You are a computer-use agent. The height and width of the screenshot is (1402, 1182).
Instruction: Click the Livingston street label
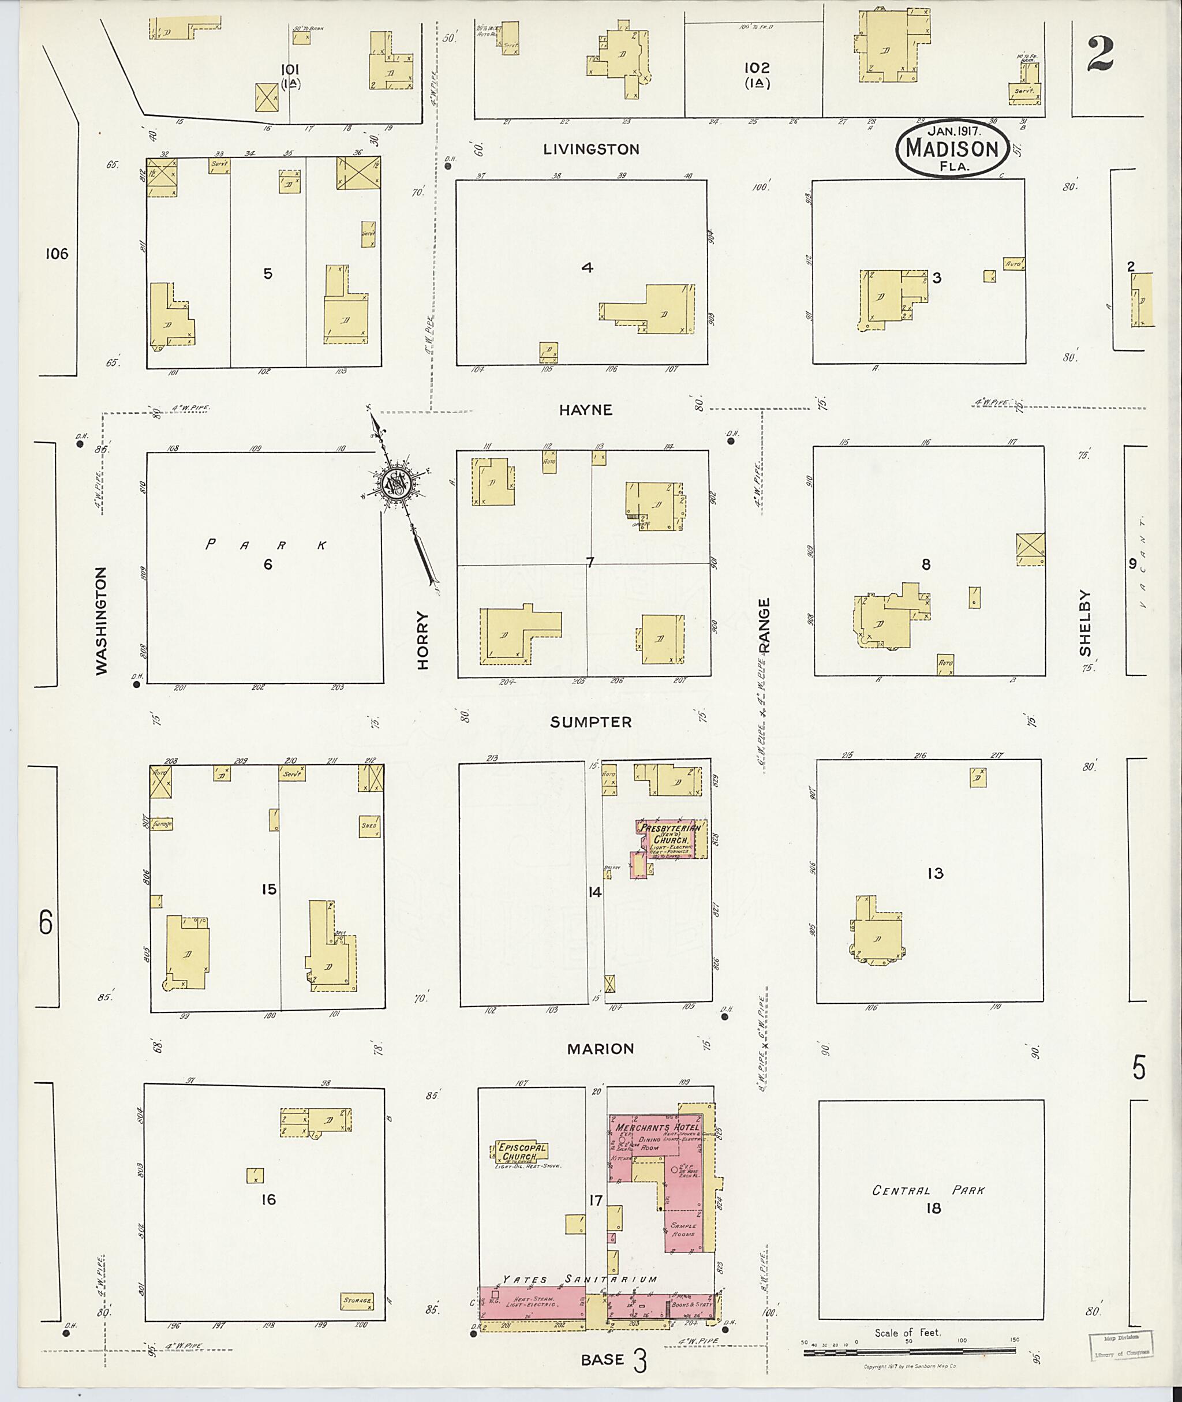click(x=591, y=149)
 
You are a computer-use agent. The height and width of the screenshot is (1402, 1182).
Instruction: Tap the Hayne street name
click(x=586, y=410)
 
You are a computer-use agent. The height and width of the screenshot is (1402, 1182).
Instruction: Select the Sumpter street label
click(x=590, y=721)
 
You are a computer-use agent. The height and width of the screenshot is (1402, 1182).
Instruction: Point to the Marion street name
click(x=600, y=1049)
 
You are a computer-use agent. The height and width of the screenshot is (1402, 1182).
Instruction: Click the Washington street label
click(x=101, y=620)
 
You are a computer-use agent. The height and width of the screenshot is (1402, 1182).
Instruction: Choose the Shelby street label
click(x=1085, y=623)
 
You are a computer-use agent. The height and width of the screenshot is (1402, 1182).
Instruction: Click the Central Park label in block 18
click(x=928, y=1190)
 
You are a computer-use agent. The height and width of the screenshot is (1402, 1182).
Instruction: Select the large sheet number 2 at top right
click(x=1100, y=55)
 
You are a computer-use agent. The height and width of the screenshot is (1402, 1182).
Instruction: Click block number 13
click(x=935, y=873)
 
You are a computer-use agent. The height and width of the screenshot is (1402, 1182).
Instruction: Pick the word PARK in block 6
click(x=266, y=545)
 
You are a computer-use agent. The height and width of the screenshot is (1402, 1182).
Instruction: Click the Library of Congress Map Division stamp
click(x=1120, y=1347)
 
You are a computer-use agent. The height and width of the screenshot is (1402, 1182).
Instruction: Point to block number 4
click(x=587, y=267)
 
